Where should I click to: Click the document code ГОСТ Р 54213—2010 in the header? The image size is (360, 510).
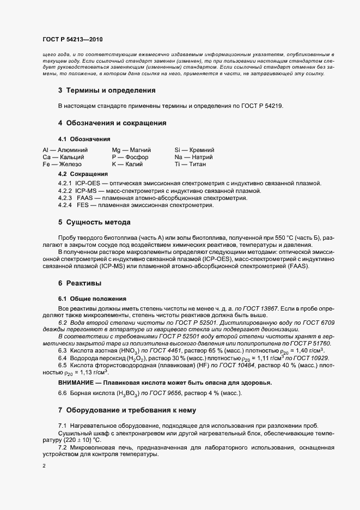coord(72,39)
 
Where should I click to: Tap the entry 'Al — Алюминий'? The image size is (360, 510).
coord(63,149)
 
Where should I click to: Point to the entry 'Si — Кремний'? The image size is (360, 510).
coord(194,149)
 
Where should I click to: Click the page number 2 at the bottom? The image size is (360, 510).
coord(44,466)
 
